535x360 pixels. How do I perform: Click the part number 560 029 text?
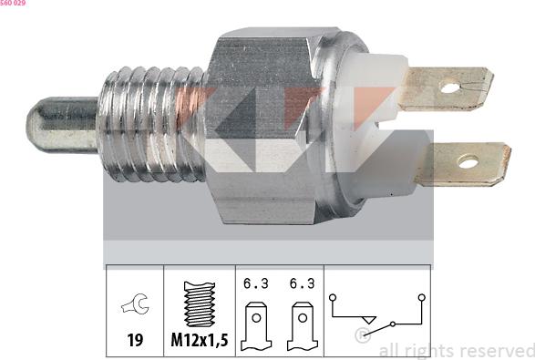tap(13, 3)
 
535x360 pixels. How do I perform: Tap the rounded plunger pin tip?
tap(61, 125)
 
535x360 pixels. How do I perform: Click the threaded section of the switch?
tap(152, 125)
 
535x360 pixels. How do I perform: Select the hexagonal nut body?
tap(264, 126)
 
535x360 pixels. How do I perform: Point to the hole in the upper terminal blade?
tap(450, 88)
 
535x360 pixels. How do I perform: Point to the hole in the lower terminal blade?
tap(468, 161)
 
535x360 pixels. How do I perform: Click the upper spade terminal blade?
tap(446, 88)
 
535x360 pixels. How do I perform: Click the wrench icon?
tap(135, 303)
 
